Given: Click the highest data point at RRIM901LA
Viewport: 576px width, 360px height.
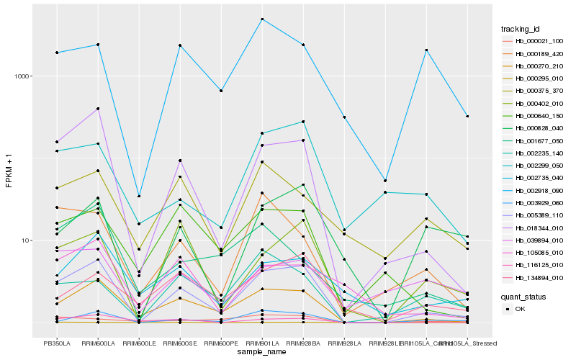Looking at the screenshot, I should [x=262, y=19].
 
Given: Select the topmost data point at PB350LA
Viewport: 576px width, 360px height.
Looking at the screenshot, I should [x=56, y=53].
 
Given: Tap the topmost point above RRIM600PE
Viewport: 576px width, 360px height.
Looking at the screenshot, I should [x=221, y=91].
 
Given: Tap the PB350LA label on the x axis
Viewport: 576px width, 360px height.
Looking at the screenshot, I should [x=56, y=343].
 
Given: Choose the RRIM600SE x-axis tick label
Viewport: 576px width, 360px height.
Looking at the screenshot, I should [x=180, y=343].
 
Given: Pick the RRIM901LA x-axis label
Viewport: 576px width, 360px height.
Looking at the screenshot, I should [x=262, y=343].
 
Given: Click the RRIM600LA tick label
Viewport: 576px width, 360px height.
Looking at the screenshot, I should [x=97, y=343].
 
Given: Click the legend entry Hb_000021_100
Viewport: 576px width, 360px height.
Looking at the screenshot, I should [x=539, y=41].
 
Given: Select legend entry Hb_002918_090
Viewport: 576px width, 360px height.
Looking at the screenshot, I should [x=539, y=190].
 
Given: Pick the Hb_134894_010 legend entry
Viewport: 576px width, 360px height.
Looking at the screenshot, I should [x=539, y=277].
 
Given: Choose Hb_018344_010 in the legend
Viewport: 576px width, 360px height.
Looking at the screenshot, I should [x=539, y=228].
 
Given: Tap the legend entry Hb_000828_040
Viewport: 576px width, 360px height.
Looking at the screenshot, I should [x=539, y=128].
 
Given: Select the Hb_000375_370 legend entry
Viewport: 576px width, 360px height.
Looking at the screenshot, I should [x=539, y=91].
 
